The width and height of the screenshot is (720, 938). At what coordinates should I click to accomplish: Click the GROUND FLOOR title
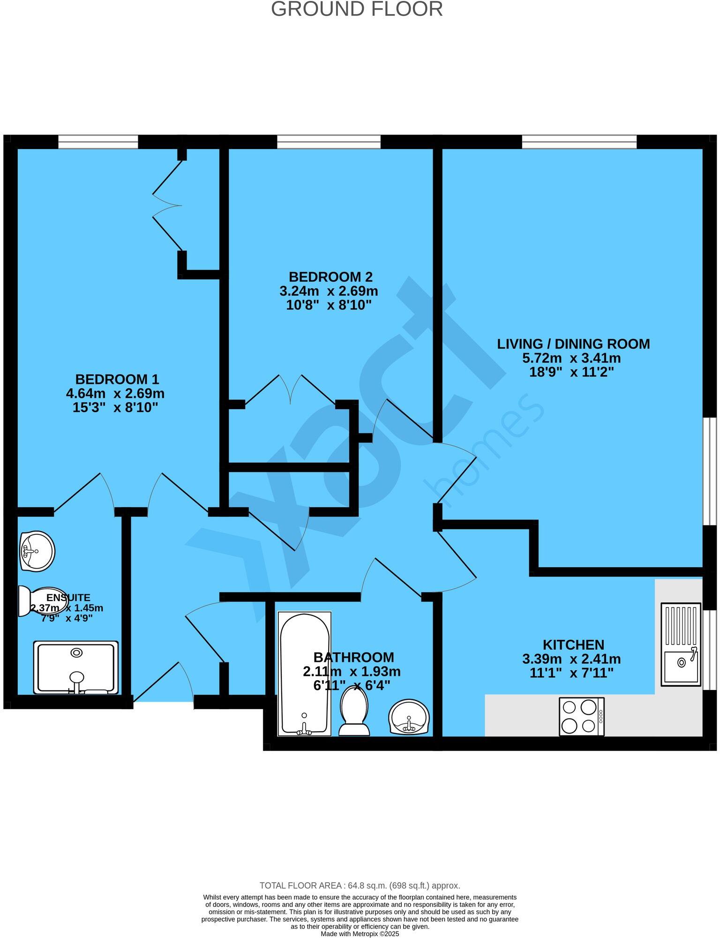tap(357, 9)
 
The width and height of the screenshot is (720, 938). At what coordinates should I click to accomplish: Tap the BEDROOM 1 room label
tap(117, 379)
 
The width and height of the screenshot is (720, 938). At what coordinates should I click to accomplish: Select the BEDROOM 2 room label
tap(330, 277)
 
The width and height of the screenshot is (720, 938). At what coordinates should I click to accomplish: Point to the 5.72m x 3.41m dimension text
tap(571, 358)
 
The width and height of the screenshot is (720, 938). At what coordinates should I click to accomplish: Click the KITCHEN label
tap(573, 645)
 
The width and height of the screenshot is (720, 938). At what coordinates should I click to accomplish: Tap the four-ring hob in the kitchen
tap(581, 716)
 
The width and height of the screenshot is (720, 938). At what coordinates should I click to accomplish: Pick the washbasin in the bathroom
tap(409, 717)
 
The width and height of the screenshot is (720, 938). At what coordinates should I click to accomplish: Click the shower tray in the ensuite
tap(75, 668)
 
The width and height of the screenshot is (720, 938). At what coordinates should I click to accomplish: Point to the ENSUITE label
tap(68, 598)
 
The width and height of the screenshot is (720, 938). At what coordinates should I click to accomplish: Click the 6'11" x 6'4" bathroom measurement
tap(352, 686)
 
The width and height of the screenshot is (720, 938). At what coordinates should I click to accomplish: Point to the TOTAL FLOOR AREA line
tap(360, 885)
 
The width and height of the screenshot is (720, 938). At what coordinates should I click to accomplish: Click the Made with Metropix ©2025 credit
tap(360, 934)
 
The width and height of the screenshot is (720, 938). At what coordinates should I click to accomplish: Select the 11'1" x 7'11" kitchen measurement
tap(571, 674)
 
